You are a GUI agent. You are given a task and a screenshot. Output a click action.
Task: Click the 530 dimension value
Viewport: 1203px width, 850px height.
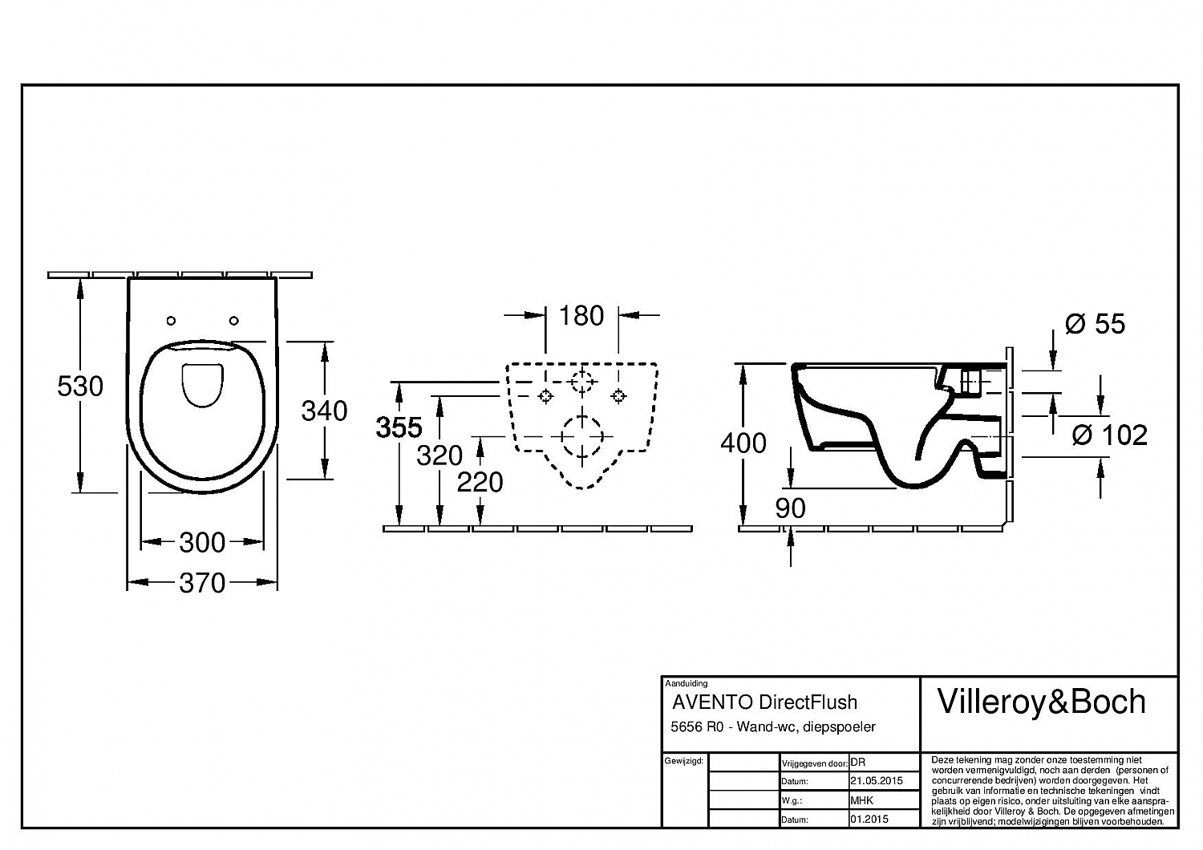coord(80,387)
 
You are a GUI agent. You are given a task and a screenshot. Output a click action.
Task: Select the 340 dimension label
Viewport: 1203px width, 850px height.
coord(324,411)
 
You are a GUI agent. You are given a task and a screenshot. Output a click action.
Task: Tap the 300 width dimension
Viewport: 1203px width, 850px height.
coord(202,543)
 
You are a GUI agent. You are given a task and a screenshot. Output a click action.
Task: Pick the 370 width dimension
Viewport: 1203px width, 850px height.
coord(202,583)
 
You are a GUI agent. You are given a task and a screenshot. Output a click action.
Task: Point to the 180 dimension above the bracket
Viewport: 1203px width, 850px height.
coord(581,316)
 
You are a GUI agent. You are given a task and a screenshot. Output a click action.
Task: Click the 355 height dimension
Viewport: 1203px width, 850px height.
coord(399,427)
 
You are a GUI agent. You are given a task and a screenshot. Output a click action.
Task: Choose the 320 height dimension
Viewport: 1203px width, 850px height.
coord(439,455)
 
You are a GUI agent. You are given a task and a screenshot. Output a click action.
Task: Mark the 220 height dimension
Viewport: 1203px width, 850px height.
coord(480,482)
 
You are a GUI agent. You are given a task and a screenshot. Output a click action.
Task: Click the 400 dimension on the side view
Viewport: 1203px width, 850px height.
coord(743,443)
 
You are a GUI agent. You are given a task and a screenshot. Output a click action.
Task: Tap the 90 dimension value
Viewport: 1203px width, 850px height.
coord(790,508)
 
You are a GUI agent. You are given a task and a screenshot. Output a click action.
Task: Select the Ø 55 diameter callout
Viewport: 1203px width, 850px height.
coord(1095,324)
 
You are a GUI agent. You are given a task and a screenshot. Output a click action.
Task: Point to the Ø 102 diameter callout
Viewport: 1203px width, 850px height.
coord(1109,435)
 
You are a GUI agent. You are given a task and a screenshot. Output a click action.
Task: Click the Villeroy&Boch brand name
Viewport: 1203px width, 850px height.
coord(1042,702)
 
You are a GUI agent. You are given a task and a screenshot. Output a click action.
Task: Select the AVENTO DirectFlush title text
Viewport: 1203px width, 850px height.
coord(764,702)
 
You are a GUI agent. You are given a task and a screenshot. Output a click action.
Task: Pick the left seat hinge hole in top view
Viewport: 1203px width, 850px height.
coord(171,321)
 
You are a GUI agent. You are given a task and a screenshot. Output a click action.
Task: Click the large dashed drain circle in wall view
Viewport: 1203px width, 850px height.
coord(581,436)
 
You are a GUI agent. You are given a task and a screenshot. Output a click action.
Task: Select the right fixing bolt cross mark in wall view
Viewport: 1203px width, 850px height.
coord(618,395)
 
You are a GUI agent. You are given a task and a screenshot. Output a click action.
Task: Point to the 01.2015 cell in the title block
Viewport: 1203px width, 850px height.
coord(869,820)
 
